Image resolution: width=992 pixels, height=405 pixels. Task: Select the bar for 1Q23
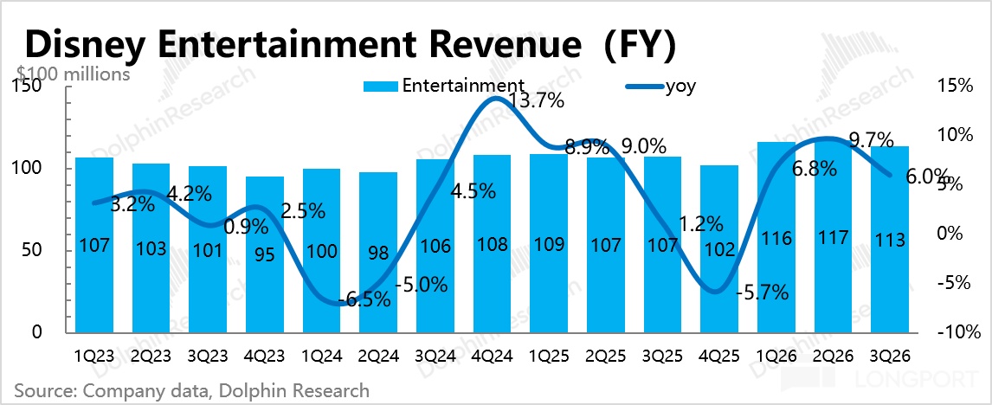[x=94, y=245]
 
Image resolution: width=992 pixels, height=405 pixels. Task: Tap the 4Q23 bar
[x=265, y=254]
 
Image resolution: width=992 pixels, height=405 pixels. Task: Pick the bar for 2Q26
[x=834, y=236]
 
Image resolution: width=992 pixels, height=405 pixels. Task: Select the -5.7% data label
[x=762, y=292]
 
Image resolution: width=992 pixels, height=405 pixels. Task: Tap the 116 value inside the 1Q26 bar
[x=776, y=239]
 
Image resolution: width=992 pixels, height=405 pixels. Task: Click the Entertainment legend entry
[x=443, y=86]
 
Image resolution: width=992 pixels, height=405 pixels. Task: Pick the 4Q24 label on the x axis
[x=493, y=357]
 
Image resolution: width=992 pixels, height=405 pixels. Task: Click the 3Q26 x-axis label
[x=890, y=357]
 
